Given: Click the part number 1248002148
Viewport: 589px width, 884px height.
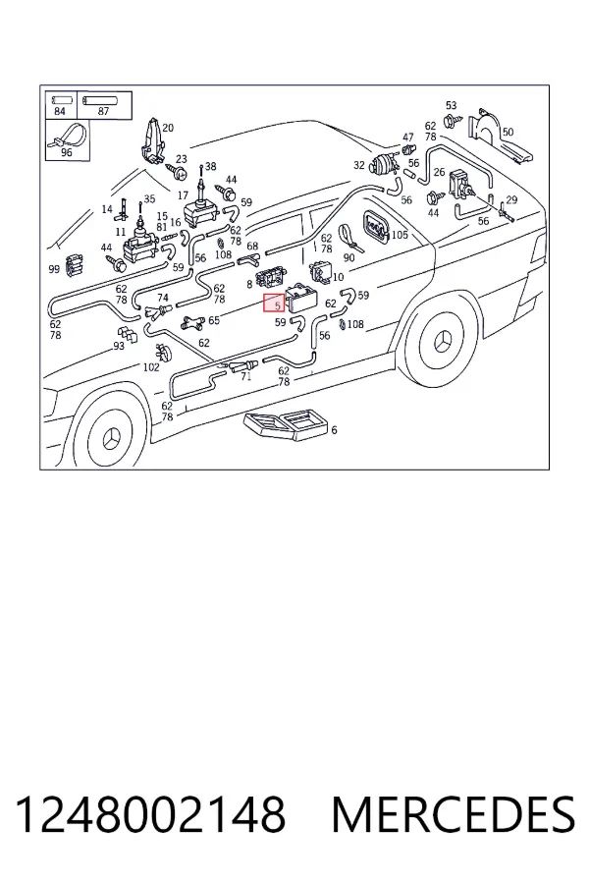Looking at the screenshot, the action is click(149, 814).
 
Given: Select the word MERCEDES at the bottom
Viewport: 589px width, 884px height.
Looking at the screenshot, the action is click(454, 814).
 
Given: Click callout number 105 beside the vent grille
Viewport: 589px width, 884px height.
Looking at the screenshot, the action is click(400, 234).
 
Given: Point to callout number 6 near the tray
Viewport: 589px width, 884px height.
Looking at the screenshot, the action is click(334, 430).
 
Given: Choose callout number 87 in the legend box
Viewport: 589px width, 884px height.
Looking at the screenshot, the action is click(103, 112).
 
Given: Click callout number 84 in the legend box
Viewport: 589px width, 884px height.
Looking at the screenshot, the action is click(60, 112).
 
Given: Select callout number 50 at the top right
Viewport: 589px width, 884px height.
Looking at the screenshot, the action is click(508, 132).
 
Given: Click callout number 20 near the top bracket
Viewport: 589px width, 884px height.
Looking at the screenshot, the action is click(168, 128).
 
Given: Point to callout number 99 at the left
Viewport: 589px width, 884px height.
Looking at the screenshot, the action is click(54, 269).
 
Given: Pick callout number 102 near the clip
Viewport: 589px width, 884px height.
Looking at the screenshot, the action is click(151, 367).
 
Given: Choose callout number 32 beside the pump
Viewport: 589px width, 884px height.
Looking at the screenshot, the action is click(359, 165).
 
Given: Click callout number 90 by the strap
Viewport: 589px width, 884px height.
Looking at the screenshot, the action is click(348, 257).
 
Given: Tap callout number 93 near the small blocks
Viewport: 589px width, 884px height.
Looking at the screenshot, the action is click(119, 346).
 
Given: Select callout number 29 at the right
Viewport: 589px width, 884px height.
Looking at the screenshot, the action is click(511, 199).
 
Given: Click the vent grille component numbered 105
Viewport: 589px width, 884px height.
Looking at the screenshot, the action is click(375, 227).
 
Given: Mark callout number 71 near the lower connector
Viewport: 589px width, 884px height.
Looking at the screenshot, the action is click(245, 376).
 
